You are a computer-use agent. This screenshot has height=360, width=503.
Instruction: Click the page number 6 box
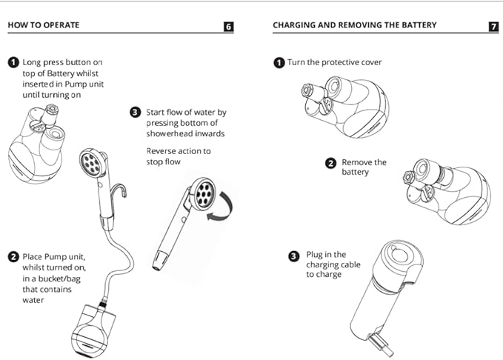[x=229, y=27]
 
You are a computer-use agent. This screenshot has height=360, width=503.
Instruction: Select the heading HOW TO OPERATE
[x=43, y=25]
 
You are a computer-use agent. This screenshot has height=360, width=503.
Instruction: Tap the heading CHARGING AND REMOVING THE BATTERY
[x=354, y=25]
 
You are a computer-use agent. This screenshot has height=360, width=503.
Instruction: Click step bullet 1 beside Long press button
[x=13, y=63]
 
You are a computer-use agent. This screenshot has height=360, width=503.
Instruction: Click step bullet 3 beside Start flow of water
[x=135, y=113]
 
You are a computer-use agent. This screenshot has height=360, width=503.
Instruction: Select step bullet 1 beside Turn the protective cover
[x=279, y=63]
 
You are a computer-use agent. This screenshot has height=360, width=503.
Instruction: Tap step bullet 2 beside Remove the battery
[x=331, y=162]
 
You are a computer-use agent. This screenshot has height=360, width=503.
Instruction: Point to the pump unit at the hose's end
[x=94, y=329]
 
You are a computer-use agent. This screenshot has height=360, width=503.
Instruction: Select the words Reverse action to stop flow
[x=179, y=156]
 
